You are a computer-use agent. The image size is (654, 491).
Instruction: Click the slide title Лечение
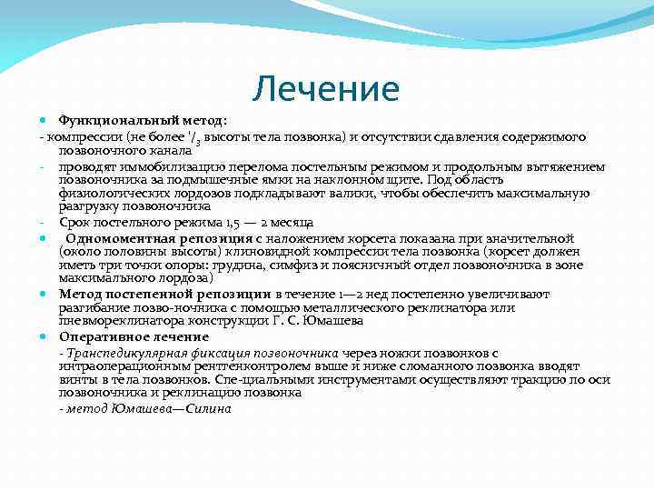[x=326, y=89]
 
